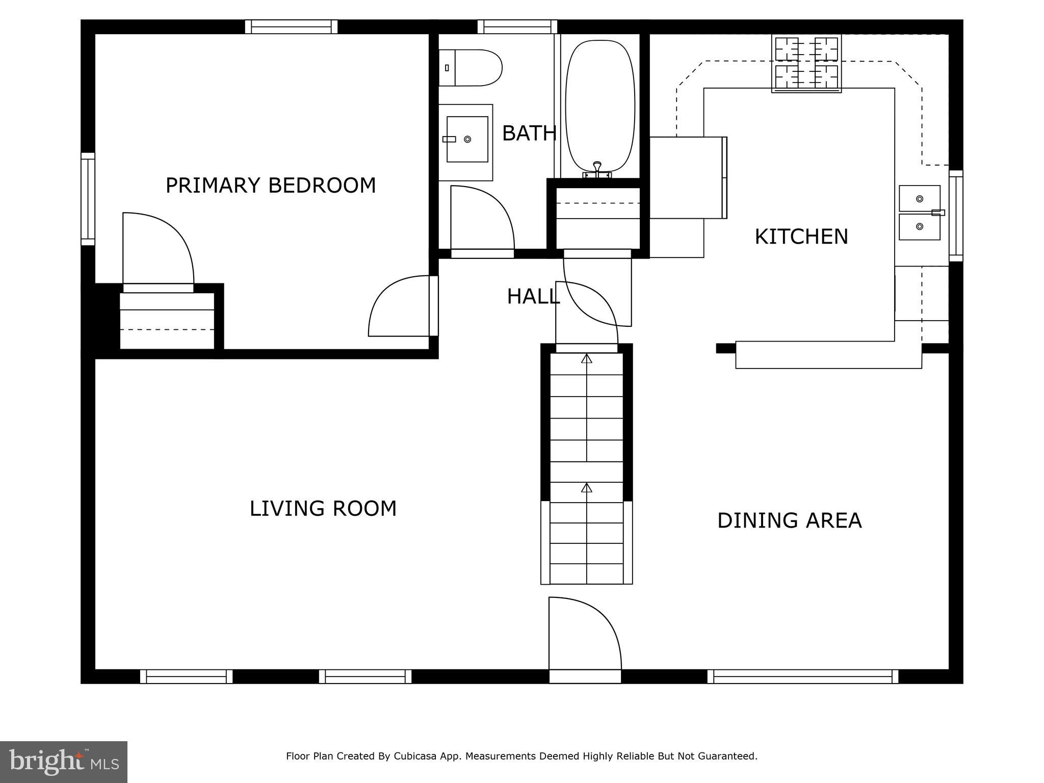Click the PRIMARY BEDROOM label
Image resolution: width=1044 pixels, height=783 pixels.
[x=271, y=186]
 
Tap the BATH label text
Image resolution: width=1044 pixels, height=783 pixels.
[x=529, y=134]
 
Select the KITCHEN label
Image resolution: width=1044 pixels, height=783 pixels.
[x=801, y=237]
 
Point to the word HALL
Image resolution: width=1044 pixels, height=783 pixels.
[x=533, y=297]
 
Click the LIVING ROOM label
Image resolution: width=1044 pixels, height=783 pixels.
[x=323, y=509]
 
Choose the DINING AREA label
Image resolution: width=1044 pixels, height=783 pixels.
[x=789, y=520]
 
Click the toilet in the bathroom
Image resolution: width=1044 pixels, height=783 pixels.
[x=472, y=68]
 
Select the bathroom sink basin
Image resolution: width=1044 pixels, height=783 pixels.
[x=467, y=139]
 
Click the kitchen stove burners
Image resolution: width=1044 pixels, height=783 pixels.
[x=806, y=63]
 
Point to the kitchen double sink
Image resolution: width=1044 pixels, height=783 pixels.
[x=919, y=213]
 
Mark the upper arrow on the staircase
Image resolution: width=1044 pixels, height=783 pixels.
[x=587, y=359]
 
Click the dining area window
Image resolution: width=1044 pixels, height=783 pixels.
[x=802, y=676]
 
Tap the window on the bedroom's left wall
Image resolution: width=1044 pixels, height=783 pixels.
[x=88, y=199]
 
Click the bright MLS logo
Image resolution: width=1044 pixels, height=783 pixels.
[x=63, y=762]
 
